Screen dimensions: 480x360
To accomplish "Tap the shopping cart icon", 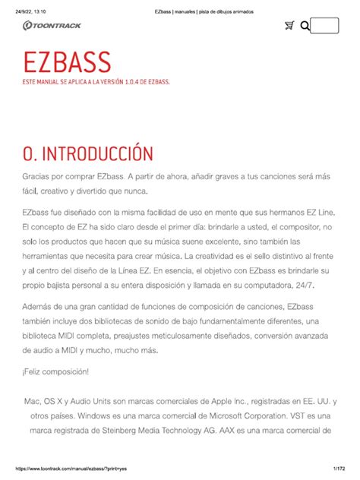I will tap(289, 26).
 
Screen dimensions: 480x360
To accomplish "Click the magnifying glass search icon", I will tap(305, 27).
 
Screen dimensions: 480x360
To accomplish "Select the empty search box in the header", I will tap(324, 26).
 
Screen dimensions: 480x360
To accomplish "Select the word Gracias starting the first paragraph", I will tap(38, 175).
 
